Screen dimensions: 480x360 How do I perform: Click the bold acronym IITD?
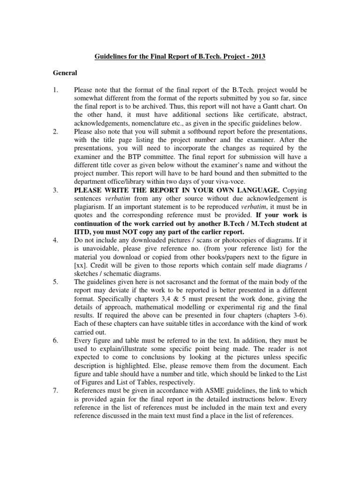(x=83, y=232)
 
